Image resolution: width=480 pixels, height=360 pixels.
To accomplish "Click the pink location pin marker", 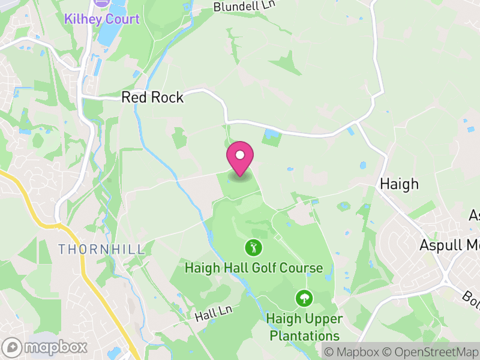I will [x=240, y=158].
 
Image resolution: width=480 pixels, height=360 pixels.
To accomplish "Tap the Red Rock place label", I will [x=152, y=97].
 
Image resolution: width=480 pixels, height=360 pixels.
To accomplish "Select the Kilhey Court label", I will [x=102, y=19].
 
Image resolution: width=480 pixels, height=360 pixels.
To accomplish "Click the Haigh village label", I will [x=399, y=184].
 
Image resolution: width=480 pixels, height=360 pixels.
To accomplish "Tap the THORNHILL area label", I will [x=101, y=248].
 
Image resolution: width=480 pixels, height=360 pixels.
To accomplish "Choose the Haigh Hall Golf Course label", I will [x=254, y=268].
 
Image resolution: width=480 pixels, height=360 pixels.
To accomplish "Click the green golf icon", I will [x=254, y=247].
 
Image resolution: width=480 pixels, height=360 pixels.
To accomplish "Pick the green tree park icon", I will [x=304, y=298].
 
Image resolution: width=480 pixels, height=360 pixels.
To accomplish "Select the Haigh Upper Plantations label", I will [x=304, y=327].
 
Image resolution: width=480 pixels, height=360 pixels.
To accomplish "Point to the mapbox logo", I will [x=46, y=347].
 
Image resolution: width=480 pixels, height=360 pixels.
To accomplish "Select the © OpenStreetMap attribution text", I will [x=430, y=352].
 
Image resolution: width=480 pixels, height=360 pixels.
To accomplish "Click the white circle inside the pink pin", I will [x=240, y=155].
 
